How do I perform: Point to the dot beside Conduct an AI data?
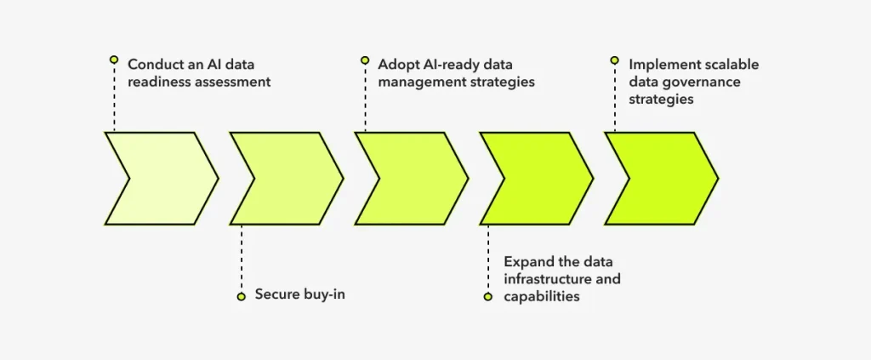point(113,60)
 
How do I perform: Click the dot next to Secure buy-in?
point(241,296)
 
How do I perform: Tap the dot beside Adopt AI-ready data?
point(365,60)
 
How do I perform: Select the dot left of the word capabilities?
point(488,297)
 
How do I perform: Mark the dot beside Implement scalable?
point(614,60)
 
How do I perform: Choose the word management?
point(419,82)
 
